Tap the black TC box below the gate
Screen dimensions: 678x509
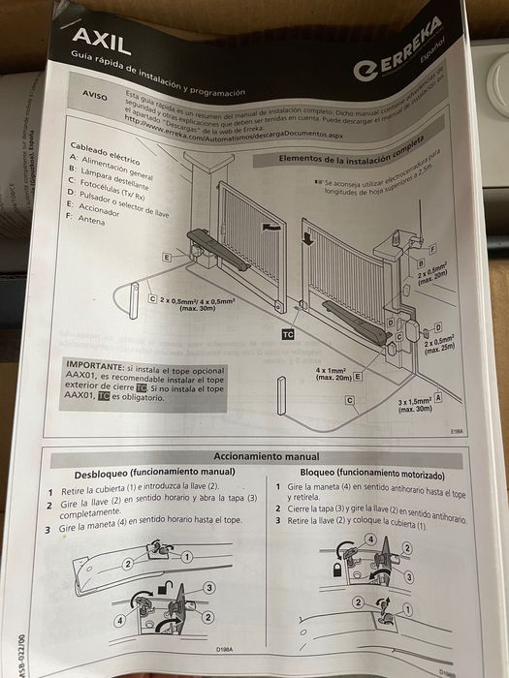288,333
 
